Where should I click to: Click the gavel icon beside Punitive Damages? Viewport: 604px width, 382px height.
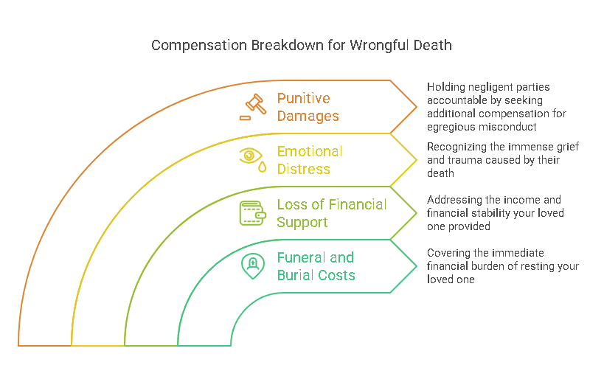253,106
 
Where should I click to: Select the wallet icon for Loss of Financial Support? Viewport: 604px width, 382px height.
252,212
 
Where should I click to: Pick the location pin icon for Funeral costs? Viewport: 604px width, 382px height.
252,265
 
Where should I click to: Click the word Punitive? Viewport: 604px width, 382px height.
304,98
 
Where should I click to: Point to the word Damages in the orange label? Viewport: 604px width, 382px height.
308,116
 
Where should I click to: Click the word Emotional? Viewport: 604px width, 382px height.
310,151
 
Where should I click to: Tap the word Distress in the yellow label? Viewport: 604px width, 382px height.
304,169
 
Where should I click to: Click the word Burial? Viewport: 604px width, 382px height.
295,275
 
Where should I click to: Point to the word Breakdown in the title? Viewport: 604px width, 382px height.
284,46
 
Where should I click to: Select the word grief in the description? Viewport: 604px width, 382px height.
564,147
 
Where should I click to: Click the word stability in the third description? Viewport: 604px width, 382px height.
493,213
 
